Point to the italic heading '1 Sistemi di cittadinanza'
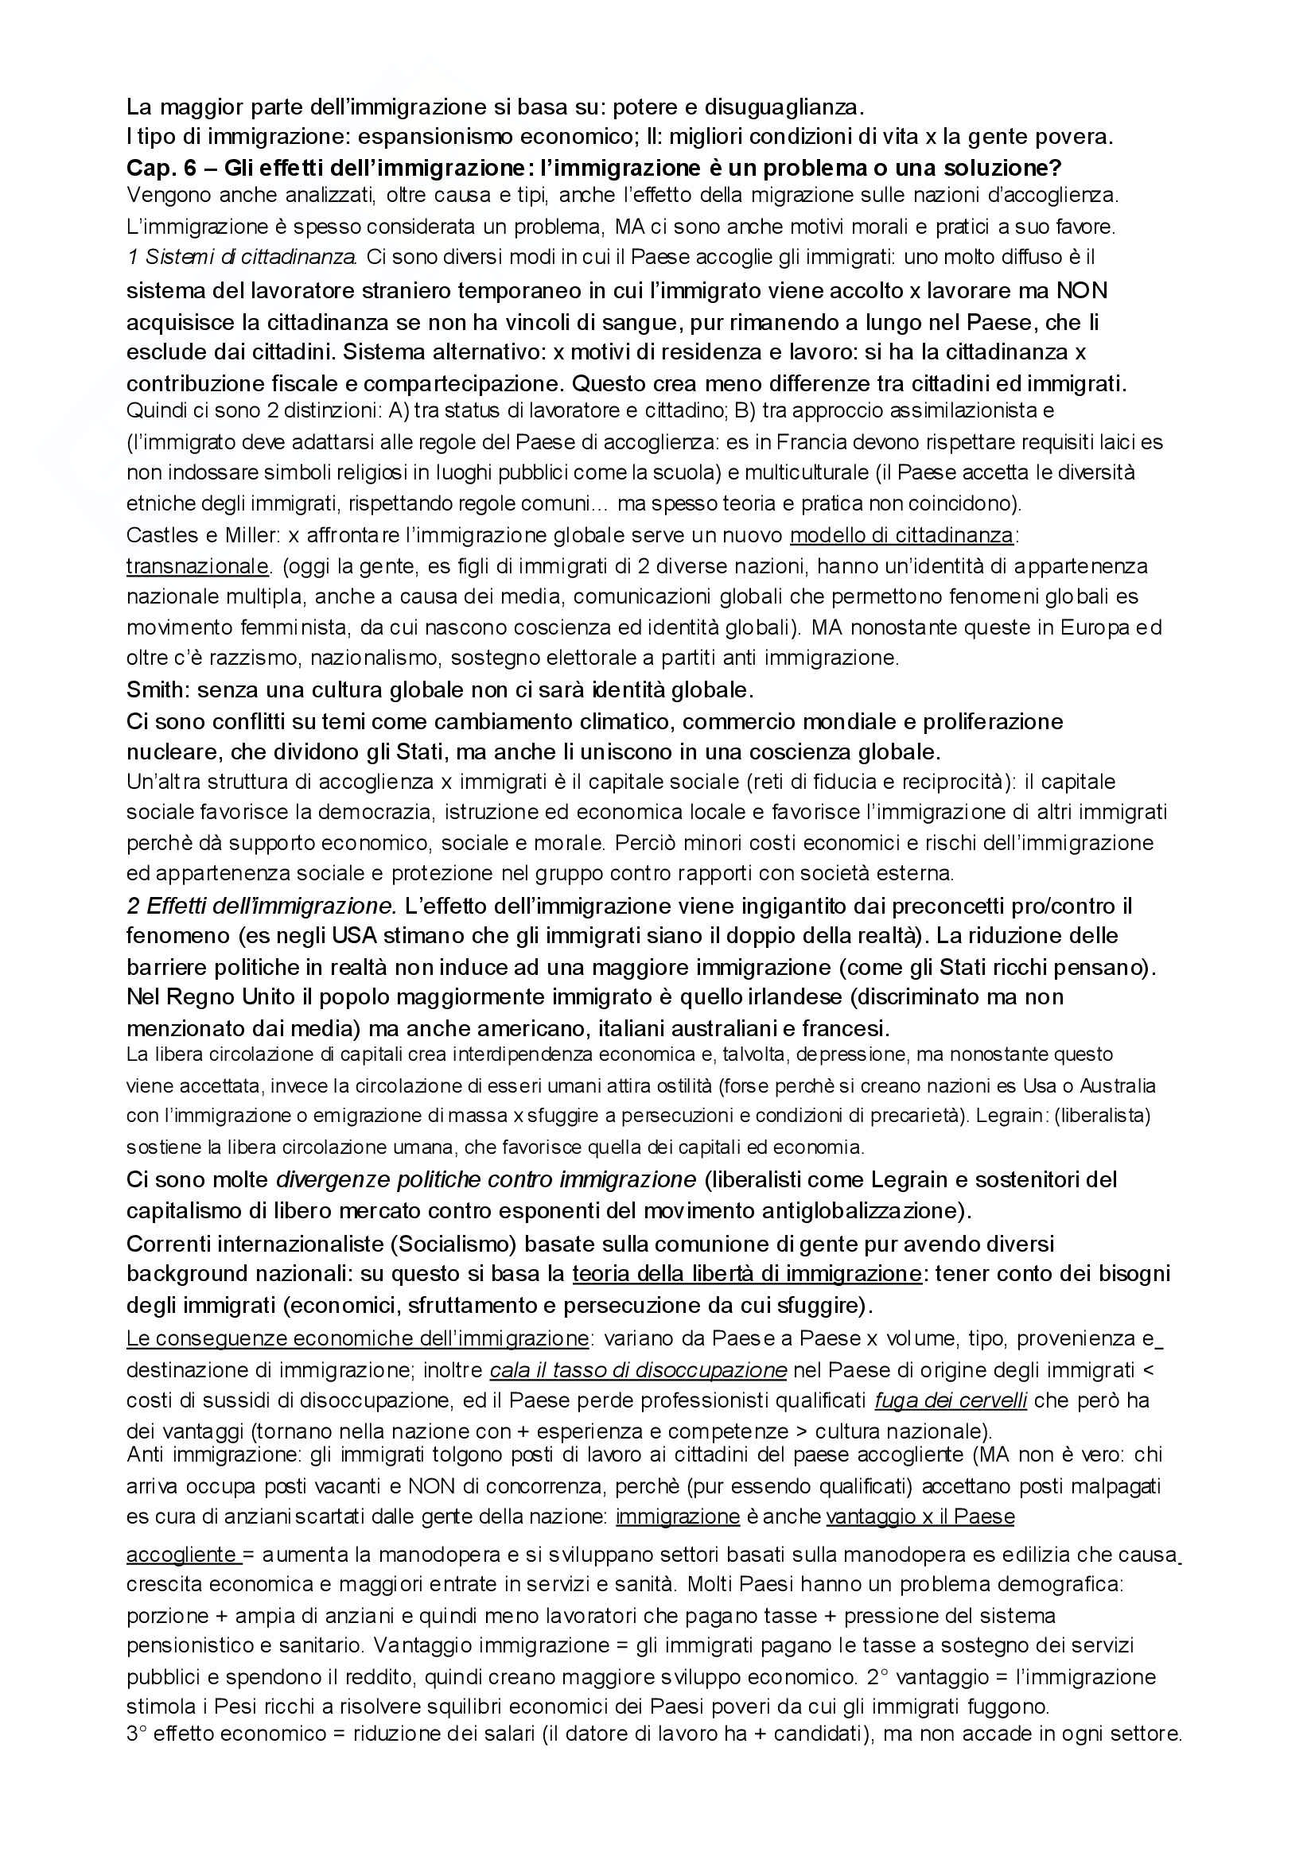tap(243, 258)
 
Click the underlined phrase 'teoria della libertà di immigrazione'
tap(746, 1273)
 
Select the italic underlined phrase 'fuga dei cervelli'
tap(951, 1400)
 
